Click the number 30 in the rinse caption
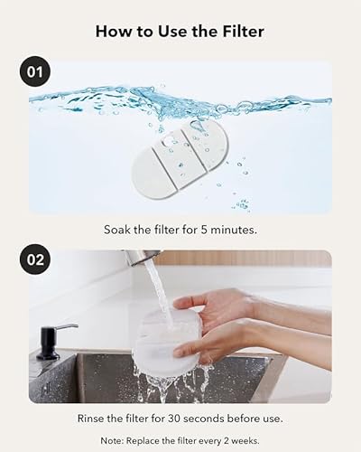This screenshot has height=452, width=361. [177, 419]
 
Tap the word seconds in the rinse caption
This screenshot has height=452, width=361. [210, 419]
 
